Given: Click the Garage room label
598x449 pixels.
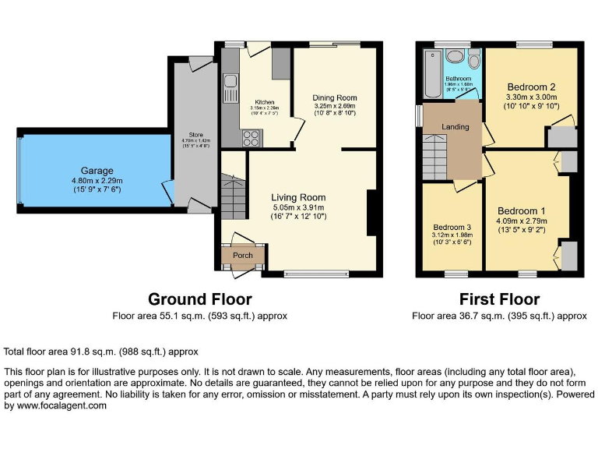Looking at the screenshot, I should [97, 171].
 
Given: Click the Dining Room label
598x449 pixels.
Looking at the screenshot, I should [334, 97].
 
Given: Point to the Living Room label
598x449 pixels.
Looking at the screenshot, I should [298, 197].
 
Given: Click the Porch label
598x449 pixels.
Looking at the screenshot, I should [243, 255].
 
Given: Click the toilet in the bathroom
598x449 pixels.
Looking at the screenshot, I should [473, 61].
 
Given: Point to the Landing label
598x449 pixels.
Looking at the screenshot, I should [455, 126].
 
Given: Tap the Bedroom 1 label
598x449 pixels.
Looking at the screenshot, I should [521, 211].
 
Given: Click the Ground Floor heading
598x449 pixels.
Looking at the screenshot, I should [199, 299].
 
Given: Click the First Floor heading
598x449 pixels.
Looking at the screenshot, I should [499, 299].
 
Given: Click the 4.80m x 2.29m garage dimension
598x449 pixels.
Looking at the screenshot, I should [97, 182].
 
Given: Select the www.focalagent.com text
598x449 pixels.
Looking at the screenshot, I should [55, 405].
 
